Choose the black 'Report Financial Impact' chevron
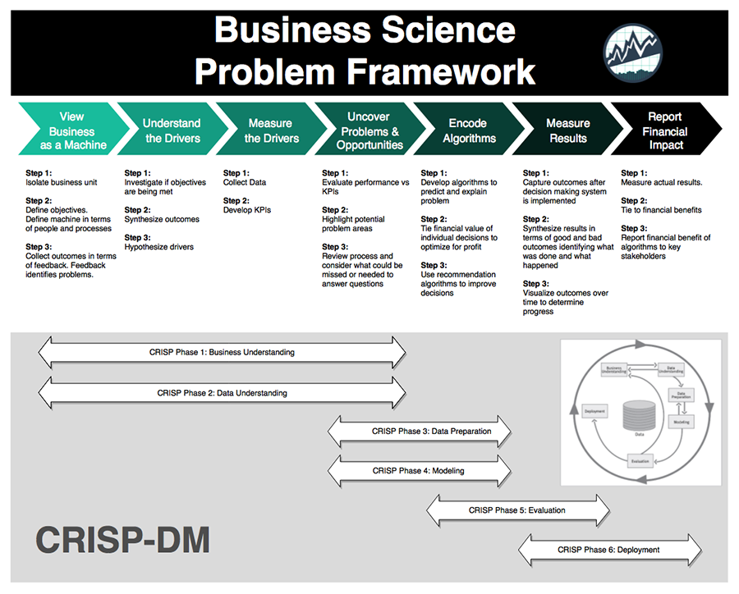pyautogui.click(x=665, y=131)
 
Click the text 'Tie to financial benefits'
pyautogui.click(x=661, y=210)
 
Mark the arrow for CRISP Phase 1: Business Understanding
pyautogui.click(x=222, y=352)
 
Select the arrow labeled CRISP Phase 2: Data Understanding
pyautogui.click(x=222, y=393)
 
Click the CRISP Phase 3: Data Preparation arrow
pyautogui.click(x=420, y=431)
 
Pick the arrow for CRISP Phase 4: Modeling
pyautogui.click(x=420, y=471)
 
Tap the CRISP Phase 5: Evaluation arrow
pyautogui.click(x=516, y=510)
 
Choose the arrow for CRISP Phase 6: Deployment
pyautogui.click(x=609, y=550)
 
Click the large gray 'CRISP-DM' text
pyautogui.click(x=123, y=540)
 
